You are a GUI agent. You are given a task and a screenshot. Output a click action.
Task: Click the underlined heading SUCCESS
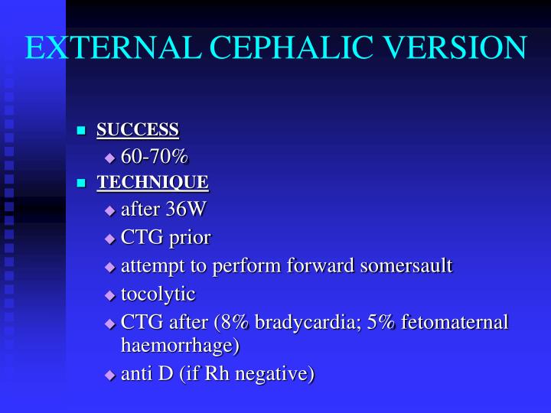(138, 130)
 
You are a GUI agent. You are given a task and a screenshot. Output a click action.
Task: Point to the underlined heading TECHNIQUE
(152, 183)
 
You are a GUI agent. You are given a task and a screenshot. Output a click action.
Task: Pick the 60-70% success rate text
(155, 157)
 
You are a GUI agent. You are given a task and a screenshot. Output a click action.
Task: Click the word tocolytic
(158, 294)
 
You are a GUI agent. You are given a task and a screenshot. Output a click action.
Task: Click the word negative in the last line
(278, 374)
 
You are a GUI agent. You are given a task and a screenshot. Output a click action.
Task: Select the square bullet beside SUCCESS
(80, 131)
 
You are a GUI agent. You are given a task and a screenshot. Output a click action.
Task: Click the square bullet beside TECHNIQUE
(80, 184)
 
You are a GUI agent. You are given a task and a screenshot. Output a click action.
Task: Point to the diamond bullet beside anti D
(109, 376)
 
